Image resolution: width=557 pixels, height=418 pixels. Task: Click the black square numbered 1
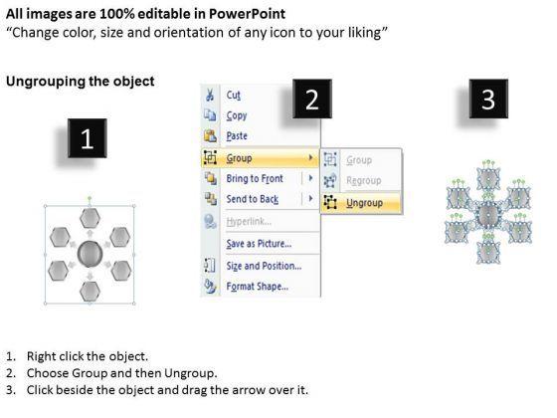(x=88, y=138)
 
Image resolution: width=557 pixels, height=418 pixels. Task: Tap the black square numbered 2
(x=312, y=99)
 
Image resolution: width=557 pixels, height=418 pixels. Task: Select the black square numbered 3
(x=488, y=99)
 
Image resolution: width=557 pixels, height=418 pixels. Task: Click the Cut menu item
(x=234, y=96)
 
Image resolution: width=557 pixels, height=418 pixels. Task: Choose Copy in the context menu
(x=237, y=115)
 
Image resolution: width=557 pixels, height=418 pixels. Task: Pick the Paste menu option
(x=237, y=135)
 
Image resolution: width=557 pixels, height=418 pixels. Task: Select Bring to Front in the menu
(x=255, y=178)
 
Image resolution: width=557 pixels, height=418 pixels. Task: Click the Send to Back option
(x=253, y=199)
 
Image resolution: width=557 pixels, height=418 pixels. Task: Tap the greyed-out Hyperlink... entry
(x=249, y=222)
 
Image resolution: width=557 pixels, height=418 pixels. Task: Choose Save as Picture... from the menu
(x=259, y=244)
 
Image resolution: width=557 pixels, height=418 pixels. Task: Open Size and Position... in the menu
(x=264, y=266)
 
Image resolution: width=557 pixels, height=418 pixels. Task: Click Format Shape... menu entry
(x=258, y=287)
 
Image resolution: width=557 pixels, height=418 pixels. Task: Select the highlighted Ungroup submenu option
(x=364, y=203)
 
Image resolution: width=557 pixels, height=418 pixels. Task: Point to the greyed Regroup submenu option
(x=364, y=181)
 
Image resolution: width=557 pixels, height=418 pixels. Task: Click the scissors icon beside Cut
(x=210, y=96)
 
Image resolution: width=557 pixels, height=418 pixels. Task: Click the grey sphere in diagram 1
(x=90, y=254)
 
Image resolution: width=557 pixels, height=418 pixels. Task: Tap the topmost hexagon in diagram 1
(x=90, y=218)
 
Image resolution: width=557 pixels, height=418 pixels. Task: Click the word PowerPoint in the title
(x=247, y=14)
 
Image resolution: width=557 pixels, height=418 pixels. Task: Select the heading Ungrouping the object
(x=81, y=82)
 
